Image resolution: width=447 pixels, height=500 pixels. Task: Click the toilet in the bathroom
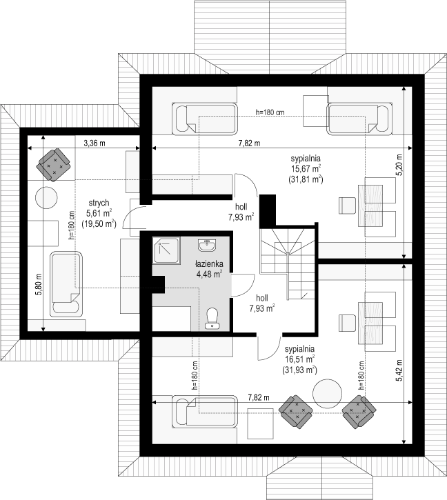click(212, 318)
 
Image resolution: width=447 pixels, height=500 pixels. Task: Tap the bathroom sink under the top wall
click(207, 245)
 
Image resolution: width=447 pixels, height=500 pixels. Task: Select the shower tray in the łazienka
click(166, 250)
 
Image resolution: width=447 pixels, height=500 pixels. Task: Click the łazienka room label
click(209, 264)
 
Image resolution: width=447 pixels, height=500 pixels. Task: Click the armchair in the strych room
click(54, 165)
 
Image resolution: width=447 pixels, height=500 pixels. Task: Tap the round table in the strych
click(46, 198)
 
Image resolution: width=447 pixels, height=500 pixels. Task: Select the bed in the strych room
click(66, 284)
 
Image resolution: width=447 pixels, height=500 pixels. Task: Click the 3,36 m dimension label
click(95, 143)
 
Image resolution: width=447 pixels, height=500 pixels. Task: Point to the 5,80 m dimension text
click(39, 284)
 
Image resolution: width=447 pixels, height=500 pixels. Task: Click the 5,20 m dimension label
click(399, 165)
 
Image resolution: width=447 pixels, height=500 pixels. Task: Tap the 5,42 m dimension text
click(399, 370)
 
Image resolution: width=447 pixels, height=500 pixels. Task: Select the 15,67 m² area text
click(306, 168)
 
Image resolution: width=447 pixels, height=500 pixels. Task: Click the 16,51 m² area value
click(299, 359)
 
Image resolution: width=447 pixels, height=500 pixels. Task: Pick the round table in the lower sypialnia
click(327, 393)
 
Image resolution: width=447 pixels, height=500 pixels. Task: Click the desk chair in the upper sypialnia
click(347, 206)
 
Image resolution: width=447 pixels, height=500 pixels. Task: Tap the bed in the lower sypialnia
click(205, 412)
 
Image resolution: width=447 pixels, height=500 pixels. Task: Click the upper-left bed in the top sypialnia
click(205, 119)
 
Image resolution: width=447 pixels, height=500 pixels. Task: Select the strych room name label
click(99, 203)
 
